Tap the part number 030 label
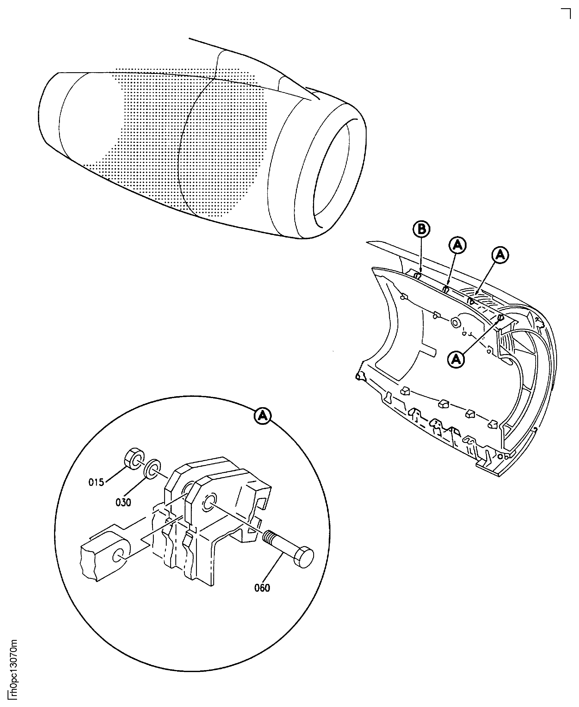pos(123,502)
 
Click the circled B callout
pos(421,229)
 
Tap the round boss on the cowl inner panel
pos(455,322)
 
